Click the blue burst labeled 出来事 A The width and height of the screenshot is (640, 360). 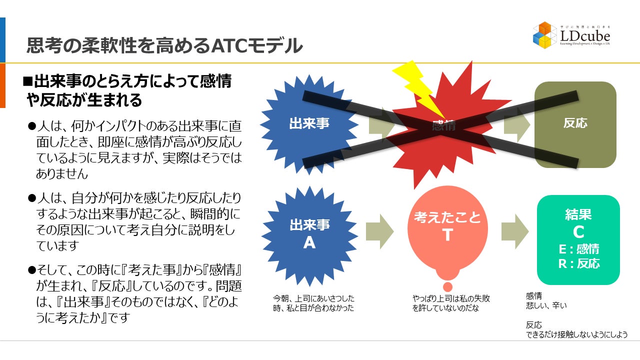(309, 234)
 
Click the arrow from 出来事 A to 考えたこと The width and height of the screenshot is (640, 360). (379, 231)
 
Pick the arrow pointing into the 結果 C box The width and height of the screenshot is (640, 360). (514, 231)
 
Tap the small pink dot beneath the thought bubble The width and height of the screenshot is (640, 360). (447, 286)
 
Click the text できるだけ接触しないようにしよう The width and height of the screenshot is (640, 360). (576, 335)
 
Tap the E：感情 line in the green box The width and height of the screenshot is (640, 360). (578, 249)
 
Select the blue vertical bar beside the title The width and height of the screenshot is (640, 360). (2, 40)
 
